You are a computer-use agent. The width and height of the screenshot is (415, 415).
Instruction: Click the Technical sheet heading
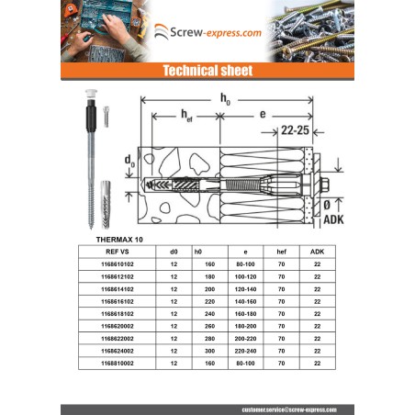coord(207,71)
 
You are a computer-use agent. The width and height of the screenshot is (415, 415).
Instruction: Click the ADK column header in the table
coord(317,250)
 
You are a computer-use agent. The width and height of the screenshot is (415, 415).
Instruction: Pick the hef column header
coord(282,250)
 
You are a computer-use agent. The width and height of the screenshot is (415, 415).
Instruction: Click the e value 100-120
coord(245,275)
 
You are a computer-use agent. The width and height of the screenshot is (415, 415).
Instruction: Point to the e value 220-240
coord(245,351)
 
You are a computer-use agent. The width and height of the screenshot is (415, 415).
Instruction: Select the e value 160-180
coord(245,313)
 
